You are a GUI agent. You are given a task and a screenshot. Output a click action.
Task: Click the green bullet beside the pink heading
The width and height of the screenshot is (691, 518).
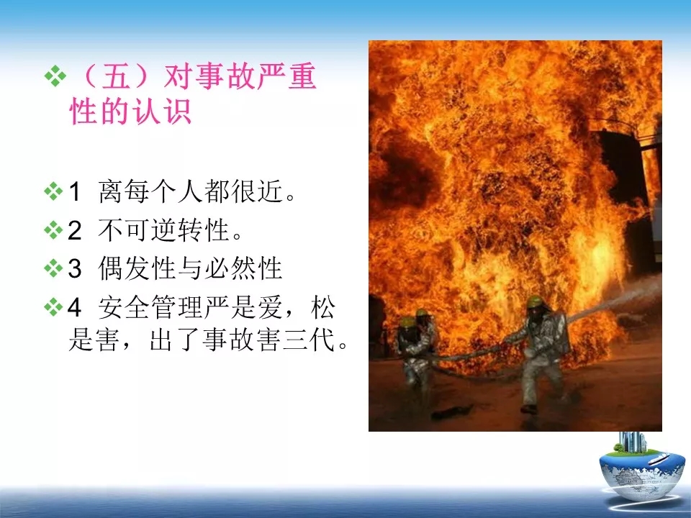point(55,76)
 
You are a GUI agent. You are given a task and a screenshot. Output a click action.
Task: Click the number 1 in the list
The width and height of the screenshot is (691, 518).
point(75,191)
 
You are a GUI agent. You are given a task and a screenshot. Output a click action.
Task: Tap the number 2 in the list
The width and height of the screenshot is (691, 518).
point(75,230)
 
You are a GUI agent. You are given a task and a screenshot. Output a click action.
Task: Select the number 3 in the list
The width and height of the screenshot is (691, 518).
point(75,268)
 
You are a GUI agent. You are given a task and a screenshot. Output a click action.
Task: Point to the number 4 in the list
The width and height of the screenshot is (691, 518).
point(74,307)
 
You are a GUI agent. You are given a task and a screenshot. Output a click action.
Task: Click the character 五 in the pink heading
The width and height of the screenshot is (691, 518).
point(117,76)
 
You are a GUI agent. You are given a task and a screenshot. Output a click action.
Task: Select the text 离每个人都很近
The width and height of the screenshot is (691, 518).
point(190,191)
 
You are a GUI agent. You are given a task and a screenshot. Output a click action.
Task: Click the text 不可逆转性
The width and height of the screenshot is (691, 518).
point(163,230)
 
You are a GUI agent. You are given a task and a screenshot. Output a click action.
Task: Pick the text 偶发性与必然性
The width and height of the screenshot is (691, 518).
point(190,268)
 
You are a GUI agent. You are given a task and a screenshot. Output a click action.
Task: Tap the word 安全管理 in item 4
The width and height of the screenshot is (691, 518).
point(150,307)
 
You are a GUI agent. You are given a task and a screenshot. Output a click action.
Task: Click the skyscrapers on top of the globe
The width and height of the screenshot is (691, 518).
point(632,441)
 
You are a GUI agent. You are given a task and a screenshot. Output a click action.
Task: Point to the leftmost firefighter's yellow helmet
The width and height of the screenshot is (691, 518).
point(409,321)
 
